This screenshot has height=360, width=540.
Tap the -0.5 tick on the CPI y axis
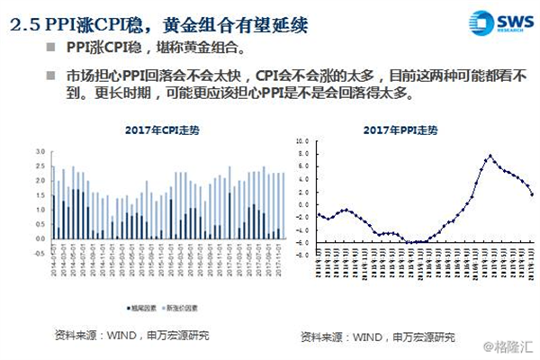pos(39,251)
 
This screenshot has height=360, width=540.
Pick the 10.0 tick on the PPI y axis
pos(307,141)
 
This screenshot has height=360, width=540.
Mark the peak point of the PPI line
pos(490,156)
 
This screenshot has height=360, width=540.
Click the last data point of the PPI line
pos(533,193)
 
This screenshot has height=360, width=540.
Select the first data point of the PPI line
pos(319,214)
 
